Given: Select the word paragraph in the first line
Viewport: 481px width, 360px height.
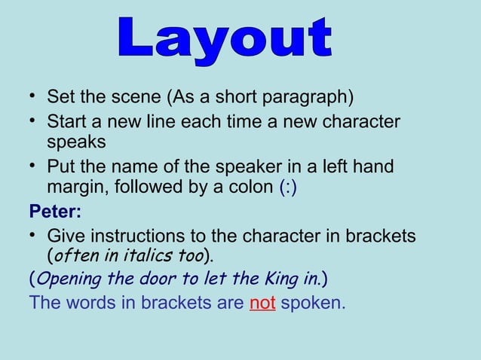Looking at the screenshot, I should tap(309, 99).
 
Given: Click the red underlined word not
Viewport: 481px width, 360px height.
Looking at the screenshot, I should tap(262, 304).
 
